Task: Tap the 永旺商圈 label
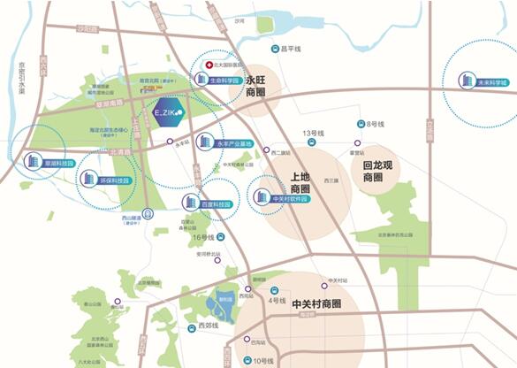click(256, 85)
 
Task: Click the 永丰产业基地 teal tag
click(233, 142)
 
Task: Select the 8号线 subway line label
click(375, 125)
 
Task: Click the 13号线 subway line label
click(316, 134)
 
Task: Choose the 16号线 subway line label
click(203, 237)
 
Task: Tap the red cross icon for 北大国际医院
click(209, 65)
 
